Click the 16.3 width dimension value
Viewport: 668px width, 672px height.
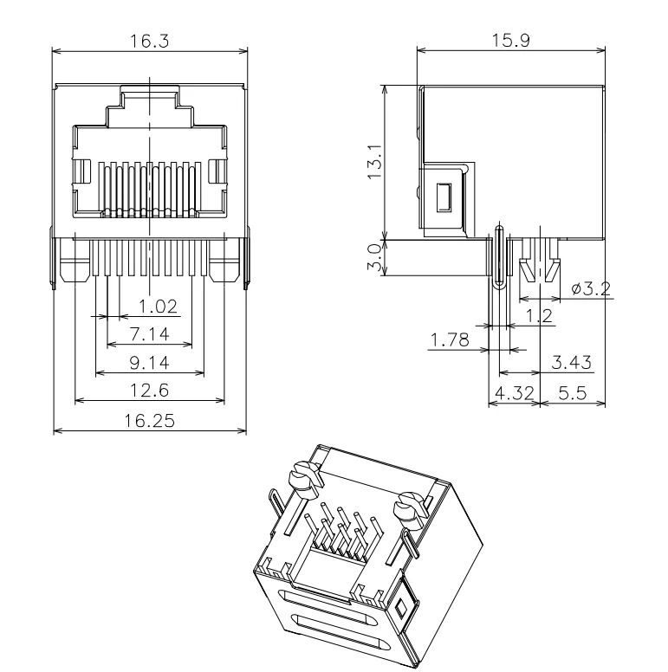point(149,42)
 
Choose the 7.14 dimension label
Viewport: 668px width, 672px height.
point(148,333)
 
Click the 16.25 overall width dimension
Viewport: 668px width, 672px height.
point(148,421)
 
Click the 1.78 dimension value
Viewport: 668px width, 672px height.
point(450,341)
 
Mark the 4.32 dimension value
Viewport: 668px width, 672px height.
point(514,394)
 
